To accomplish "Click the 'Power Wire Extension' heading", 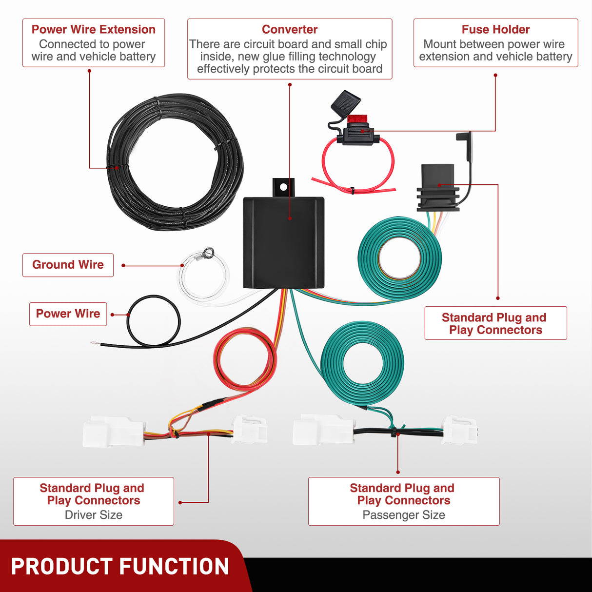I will [x=93, y=30].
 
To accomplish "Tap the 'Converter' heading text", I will [x=290, y=30].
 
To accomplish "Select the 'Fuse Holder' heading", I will [x=495, y=30].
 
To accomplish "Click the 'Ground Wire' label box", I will [x=68, y=265].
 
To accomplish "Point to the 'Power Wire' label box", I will [x=68, y=314].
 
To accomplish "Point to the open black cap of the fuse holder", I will [x=345, y=101].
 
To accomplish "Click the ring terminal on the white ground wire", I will [x=208, y=252].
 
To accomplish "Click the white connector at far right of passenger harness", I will [x=459, y=430].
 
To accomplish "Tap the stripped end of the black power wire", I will [x=95, y=344].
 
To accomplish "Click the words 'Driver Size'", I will [x=93, y=515].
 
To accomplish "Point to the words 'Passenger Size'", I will [x=403, y=515].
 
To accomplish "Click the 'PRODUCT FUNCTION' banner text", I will [x=120, y=567].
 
